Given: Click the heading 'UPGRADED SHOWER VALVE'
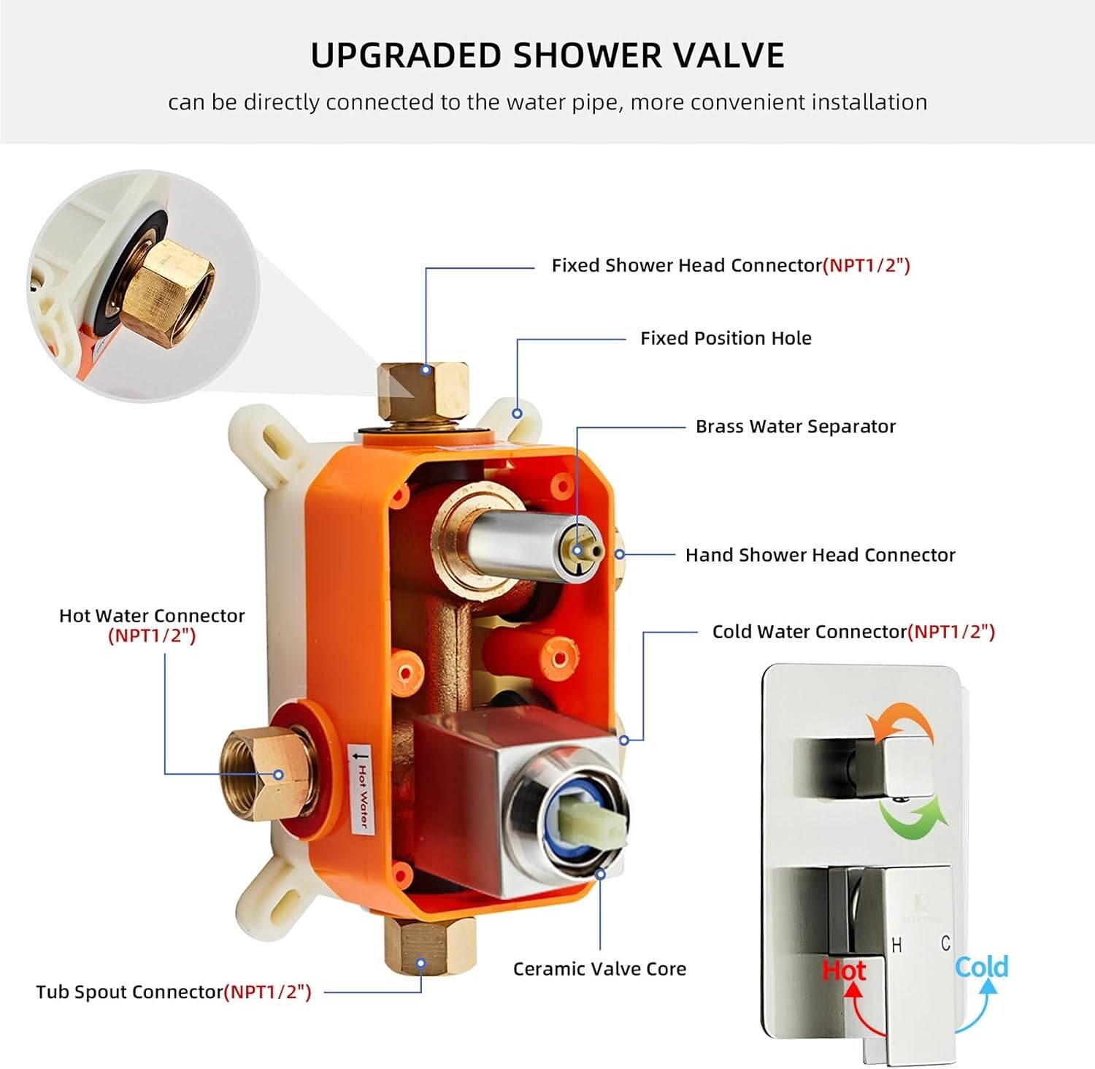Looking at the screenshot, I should [547, 55].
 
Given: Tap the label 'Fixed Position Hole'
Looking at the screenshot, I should [726, 338].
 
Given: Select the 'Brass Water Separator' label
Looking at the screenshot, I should [795, 426].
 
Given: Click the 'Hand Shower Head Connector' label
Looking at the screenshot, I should [820, 555].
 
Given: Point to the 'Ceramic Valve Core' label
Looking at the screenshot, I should [599, 969].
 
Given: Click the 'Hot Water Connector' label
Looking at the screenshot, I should [152, 616].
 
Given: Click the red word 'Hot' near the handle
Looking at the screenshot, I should [844, 970].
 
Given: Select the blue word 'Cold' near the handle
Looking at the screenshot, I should [982, 967].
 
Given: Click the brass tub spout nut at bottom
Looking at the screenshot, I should [429, 945].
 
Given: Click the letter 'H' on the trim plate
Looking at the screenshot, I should [897, 946].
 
